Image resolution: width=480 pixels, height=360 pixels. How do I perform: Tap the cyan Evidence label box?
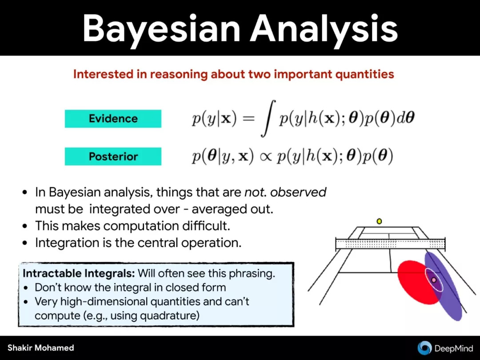(113, 119)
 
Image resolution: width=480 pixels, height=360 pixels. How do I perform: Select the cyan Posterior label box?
(113, 156)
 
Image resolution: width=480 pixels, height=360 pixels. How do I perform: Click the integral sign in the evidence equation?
(268, 118)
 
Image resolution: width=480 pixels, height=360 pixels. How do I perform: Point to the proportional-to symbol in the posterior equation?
(265, 156)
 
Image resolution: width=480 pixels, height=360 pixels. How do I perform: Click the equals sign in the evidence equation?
(248, 119)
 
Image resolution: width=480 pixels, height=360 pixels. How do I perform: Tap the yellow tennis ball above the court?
(379, 221)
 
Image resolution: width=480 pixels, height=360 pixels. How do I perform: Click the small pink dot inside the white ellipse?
(433, 280)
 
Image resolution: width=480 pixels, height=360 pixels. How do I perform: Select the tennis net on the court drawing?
(390, 244)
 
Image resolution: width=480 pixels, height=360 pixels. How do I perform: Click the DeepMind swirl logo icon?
(424, 348)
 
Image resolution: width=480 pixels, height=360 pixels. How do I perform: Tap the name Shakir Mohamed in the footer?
(41, 348)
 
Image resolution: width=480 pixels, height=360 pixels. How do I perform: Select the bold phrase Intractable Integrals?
(79, 273)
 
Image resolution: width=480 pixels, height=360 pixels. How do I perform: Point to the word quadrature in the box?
(170, 315)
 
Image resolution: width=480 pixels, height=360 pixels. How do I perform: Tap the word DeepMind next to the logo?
(454, 348)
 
